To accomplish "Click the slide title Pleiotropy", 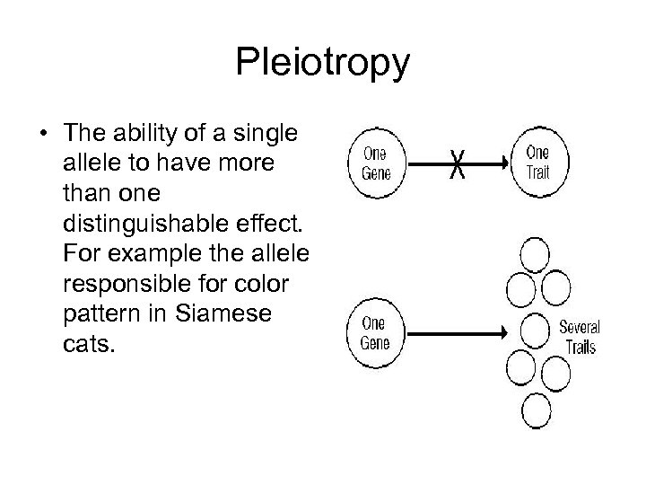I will (x=322, y=63).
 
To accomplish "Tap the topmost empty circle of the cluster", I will (x=537, y=255).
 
